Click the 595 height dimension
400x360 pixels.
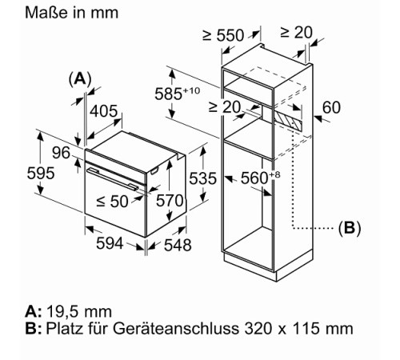pos(41,173)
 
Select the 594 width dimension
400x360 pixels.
pos(110,243)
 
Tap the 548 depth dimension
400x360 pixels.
pos(178,245)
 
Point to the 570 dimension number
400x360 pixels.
pos(170,201)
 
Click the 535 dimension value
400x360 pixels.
pos(202,178)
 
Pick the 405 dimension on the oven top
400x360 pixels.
pos(103,111)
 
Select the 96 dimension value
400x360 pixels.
pos(61,153)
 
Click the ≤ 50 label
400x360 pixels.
pos(112,202)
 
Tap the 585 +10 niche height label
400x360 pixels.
pos(178,93)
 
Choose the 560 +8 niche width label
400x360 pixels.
pos(261,178)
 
